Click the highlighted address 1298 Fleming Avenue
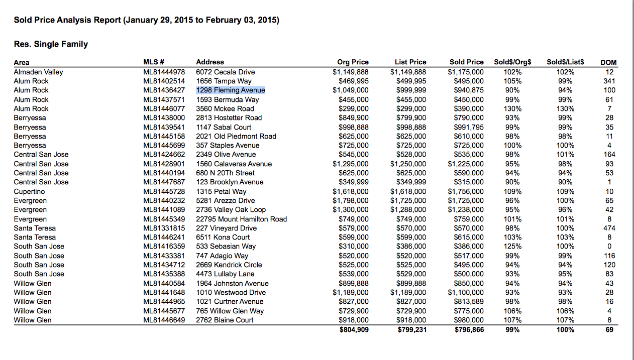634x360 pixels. [x=231, y=90]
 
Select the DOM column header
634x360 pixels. [x=608, y=62]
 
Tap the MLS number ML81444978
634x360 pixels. [x=164, y=72]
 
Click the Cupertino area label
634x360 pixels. [x=29, y=191]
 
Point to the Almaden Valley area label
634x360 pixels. [x=38, y=72]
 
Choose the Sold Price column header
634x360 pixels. [x=466, y=62]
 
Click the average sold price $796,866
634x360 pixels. [x=469, y=330]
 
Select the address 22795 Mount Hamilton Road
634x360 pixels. [x=241, y=219]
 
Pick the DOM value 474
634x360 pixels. [x=609, y=228]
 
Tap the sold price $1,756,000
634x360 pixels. [x=466, y=191]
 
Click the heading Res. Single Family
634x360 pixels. [x=51, y=44]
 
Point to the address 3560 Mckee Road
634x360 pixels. [x=225, y=108]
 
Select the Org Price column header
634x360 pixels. [x=353, y=62]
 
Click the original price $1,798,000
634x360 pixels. [x=350, y=200]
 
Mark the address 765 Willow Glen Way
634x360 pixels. [x=230, y=311]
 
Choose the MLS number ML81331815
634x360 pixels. [x=164, y=228]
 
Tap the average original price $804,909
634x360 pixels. [x=354, y=330]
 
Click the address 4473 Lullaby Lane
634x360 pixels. [x=225, y=274]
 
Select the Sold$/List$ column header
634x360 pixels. [x=565, y=62]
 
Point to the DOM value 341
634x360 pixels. [x=609, y=81]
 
